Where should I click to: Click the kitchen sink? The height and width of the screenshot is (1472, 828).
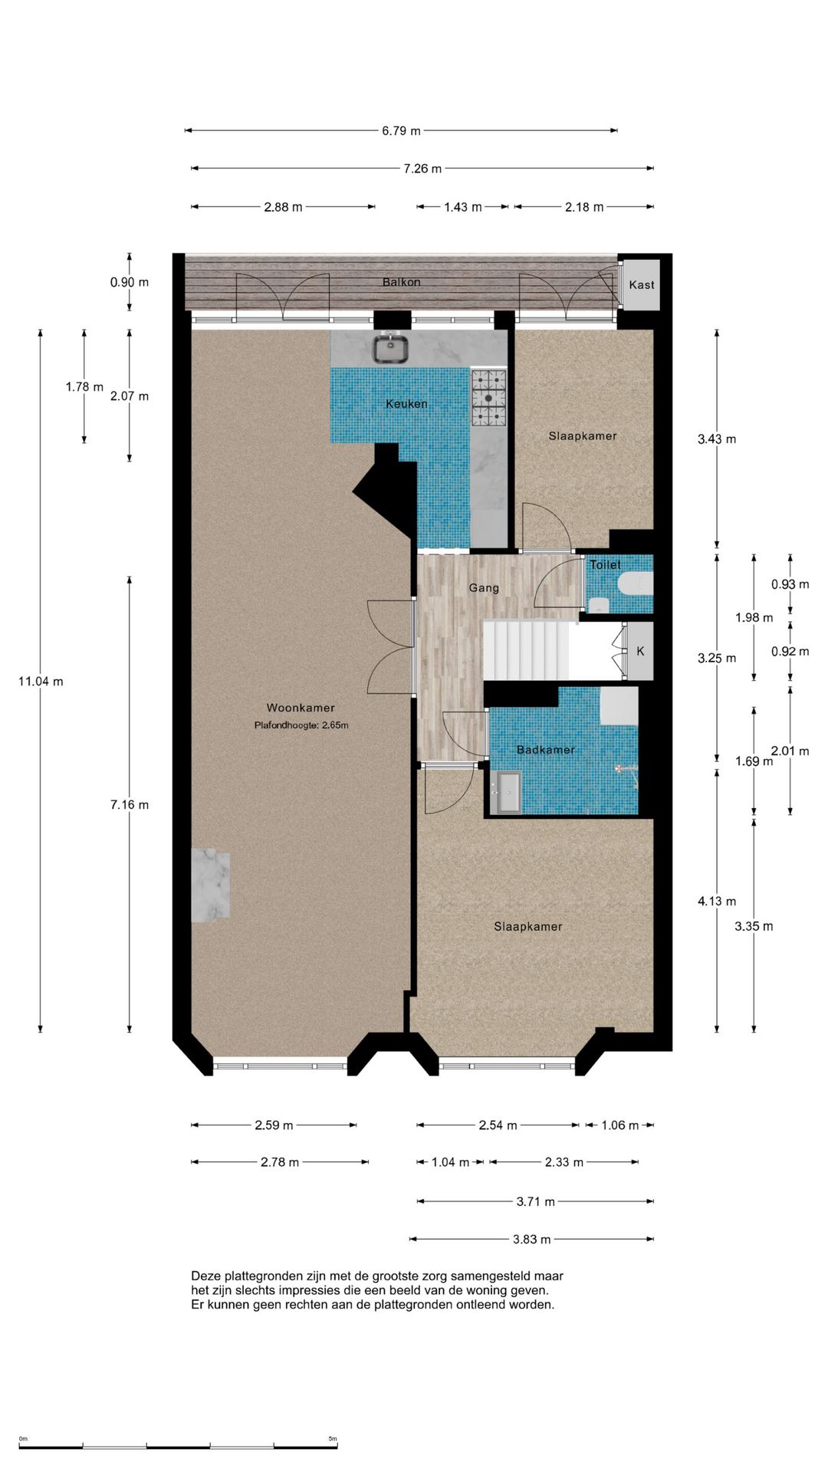pos(391,347)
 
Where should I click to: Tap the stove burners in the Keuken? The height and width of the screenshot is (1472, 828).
pos(488,398)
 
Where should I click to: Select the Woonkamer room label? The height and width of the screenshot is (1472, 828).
pos(301,708)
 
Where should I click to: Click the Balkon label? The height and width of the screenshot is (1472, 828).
pos(402,282)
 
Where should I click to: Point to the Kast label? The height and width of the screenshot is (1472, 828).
pos(642,284)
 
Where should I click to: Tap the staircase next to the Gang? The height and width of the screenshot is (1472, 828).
pos(527,649)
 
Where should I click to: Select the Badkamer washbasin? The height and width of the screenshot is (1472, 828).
pos(508,792)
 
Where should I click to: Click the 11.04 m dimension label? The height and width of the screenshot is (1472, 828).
pos(41,681)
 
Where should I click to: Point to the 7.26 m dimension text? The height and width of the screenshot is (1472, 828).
pos(422,169)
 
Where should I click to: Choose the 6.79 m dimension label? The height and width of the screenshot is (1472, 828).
pos(401,131)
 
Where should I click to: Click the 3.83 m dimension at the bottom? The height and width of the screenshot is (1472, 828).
pos(532,1239)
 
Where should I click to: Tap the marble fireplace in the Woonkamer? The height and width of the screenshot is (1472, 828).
pos(210,885)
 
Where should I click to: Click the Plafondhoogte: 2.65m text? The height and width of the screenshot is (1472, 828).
pos(301,725)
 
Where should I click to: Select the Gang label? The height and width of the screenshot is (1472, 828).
pos(484,588)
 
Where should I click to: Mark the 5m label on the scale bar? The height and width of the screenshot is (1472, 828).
pos(333,1438)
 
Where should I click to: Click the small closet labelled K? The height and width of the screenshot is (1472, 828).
pos(640,651)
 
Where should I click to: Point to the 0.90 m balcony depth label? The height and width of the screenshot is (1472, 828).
pos(130,282)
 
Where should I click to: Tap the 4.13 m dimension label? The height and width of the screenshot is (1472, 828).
pos(717,902)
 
